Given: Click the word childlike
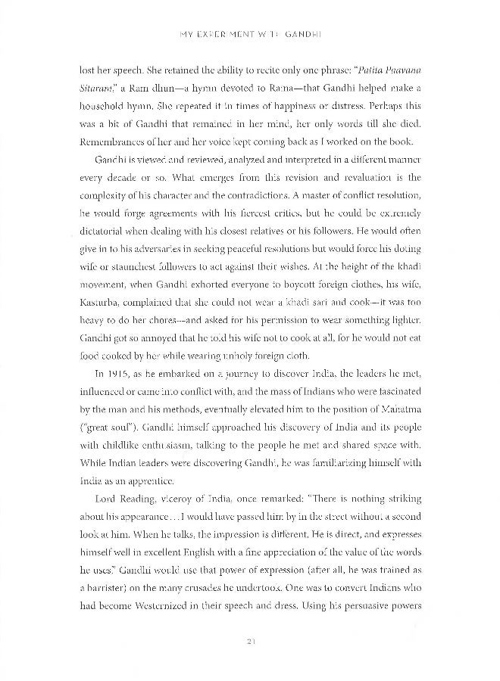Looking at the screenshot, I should tap(156, 428).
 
